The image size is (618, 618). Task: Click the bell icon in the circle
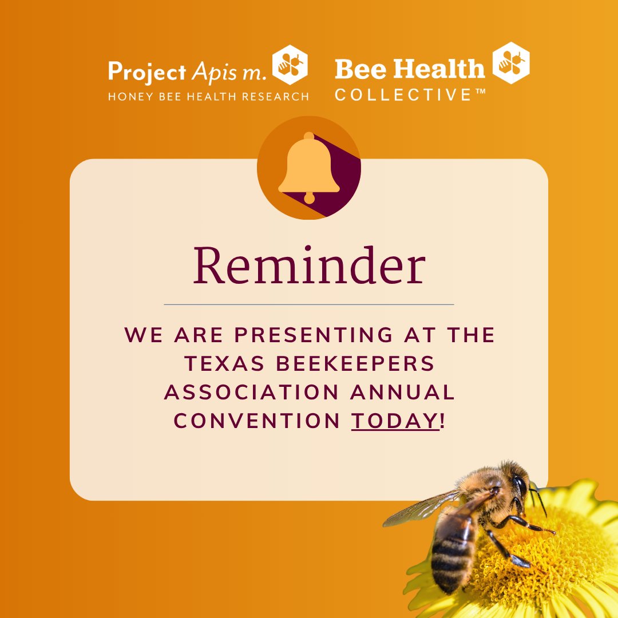(x=309, y=166)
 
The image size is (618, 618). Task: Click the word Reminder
(x=309, y=266)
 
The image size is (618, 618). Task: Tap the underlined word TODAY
(x=394, y=421)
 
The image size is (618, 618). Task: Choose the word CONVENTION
(x=257, y=421)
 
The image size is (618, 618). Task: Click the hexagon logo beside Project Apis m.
(x=290, y=65)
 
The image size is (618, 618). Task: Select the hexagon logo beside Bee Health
(x=511, y=63)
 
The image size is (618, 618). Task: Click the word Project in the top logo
(x=146, y=72)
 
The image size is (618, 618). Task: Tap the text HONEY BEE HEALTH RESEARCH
(x=208, y=96)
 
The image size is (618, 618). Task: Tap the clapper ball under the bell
(x=309, y=199)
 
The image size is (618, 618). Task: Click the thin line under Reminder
(x=309, y=304)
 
